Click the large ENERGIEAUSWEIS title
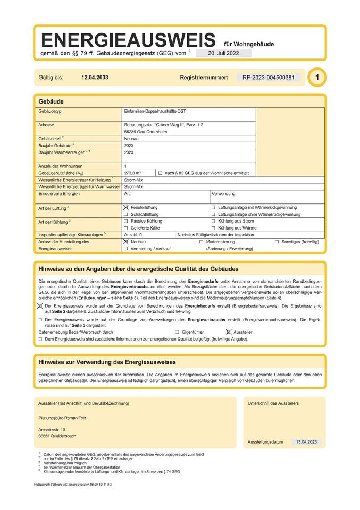pyautogui.click(x=128, y=40)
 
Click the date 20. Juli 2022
pyautogui.click(x=223, y=53)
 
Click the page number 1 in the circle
pyautogui.click(x=317, y=78)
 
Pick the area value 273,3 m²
pyautogui.click(x=132, y=173)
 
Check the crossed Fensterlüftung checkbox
pyautogui.click(x=126, y=207)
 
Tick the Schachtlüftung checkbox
pyautogui.click(x=126, y=214)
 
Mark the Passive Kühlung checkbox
pyautogui.click(x=126, y=220)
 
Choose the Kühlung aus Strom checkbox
pyautogui.click(x=213, y=220)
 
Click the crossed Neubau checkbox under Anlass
pyautogui.click(x=126, y=242)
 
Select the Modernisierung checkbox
pyautogui.click(x=201, y=242)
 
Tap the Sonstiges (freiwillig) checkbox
pyautogui.click(x=277, y=242)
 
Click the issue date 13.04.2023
pyautogui.click(x=306, y=441)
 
